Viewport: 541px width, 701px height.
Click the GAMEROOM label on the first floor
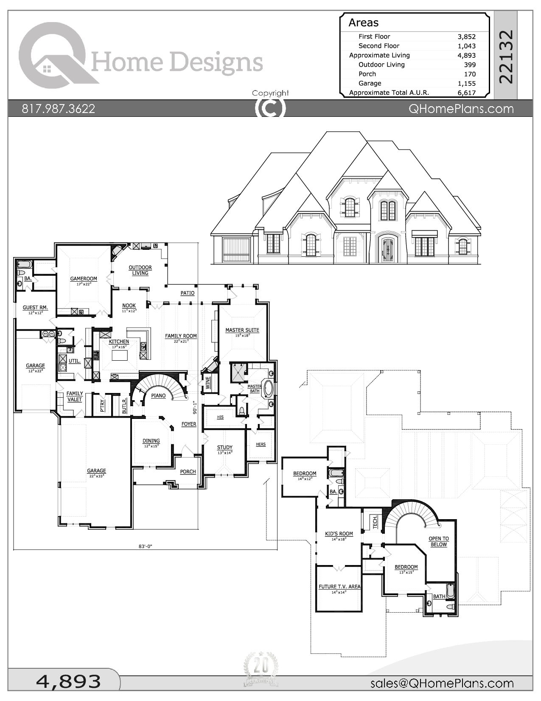tap(84, 279)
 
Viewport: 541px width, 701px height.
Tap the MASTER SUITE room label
tap(242, 330)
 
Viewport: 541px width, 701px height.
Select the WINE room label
tap(208, 382)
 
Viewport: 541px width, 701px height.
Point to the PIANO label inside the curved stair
tap(158, 396)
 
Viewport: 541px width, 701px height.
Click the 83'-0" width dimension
tap(145, 546)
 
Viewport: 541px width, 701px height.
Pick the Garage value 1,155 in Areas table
tap(466, 83)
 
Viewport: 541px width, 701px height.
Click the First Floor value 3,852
tap(466, 37)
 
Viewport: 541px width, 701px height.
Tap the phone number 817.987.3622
tap(59, 109)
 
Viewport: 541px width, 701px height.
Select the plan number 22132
tap(506, 57)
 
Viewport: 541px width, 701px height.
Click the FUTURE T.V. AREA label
tap(339, 587)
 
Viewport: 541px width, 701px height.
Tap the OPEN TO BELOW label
tap(438, 541)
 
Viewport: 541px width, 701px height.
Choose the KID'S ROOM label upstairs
tap(339, 534)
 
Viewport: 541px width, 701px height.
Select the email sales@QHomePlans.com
tap(442, 683)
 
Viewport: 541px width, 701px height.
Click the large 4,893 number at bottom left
tap(68, 681)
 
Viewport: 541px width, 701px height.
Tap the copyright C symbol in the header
tap(270, 108)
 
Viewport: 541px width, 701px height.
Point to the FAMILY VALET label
tap(75, 396)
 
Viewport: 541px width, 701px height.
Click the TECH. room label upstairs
tap(375, 522)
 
